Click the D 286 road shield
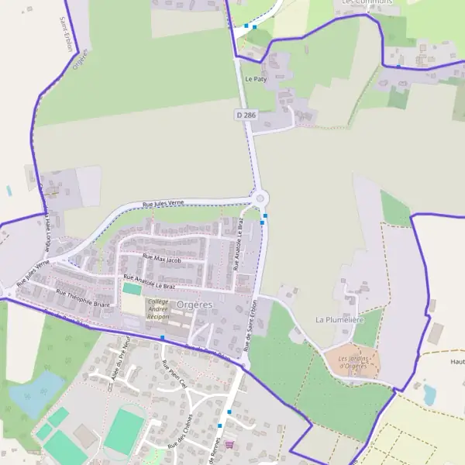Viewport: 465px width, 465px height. [x=246, y=115]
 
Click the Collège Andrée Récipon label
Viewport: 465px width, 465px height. [x=158, y=309]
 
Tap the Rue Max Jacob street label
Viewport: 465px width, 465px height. [x=161, y=258]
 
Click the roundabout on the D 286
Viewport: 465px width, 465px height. [x=258, y=198]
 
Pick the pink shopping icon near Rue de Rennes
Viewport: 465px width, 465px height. [x=229, y=444]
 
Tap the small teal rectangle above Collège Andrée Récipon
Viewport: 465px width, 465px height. [x=132, y=288]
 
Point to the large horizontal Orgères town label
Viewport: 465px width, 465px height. [x=194, y=305]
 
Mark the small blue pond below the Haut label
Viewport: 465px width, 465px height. [x=429, y=394]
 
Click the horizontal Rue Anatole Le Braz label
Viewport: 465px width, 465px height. [x=150, y=281]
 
